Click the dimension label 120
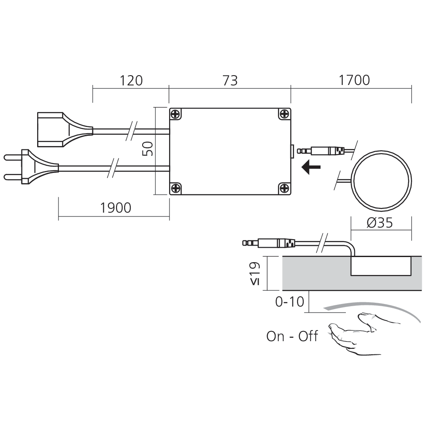pos(131,80)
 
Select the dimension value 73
pos(230,80)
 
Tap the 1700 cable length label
pos(354,80)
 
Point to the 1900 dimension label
pos(115,208)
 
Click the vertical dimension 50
pos(147,149)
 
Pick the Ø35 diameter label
pos(380,223)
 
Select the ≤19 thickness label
pos(254,273)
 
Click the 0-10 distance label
pos(290,302)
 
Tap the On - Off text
pos(292,336)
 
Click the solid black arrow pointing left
pos(311,167)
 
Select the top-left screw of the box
pos(175,114)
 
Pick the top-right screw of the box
pos(285,114)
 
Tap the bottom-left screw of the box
pos(175,188)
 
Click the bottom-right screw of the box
pos(285,188)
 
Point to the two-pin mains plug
pos(30,167)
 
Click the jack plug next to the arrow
pos(323,151)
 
